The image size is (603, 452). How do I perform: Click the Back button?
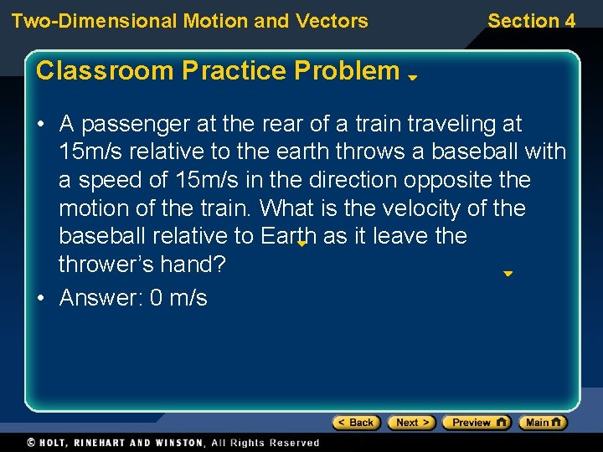pos(356,423)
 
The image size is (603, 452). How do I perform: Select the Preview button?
pos(476,423)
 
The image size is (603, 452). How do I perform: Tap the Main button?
pos(542,423)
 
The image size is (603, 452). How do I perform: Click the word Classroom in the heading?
pos(91,71)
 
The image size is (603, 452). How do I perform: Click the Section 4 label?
pos(531,21)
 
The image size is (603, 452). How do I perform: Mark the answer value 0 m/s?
pos(178,298)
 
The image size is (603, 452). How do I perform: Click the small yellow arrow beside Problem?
pos(412,76)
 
